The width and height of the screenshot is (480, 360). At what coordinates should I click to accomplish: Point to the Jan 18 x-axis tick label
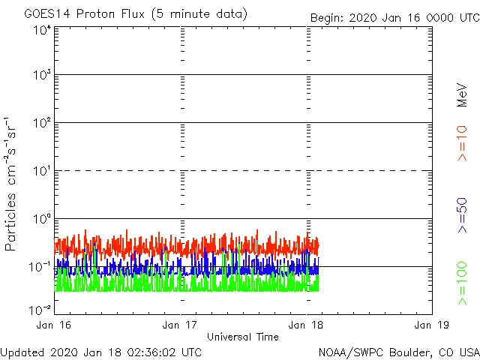click(x=305, y=325)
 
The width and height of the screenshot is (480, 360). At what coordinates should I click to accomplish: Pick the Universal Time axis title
click(x=242, y=337)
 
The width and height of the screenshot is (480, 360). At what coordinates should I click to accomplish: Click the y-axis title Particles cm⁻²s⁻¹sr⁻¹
click(x=13, y=184)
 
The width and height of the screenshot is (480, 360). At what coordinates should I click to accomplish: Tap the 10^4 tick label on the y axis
click(x=41, y=29)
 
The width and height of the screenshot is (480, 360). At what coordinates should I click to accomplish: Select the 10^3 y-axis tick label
click(x=41, y=76)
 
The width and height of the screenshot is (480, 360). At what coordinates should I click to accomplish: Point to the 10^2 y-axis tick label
click(x=41, y=124)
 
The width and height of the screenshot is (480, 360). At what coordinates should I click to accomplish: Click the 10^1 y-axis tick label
click(x=41, y=172)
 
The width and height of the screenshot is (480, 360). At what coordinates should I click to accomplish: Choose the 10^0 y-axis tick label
click(x=41, y=220)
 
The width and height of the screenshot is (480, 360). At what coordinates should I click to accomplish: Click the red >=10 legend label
click(x=462, y=143)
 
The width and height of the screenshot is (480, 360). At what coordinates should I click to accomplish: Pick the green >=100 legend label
click(x=462, y=283)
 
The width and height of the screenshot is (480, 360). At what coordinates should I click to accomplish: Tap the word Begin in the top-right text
click(x=328, y=17)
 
